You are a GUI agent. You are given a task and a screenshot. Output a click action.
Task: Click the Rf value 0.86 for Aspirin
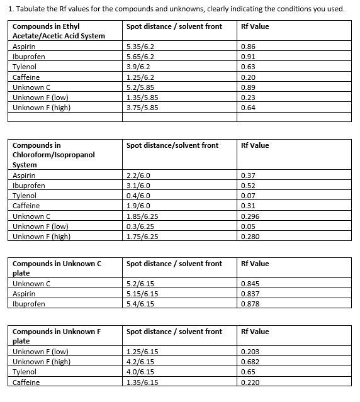pyautogui.click(x=249, y=47)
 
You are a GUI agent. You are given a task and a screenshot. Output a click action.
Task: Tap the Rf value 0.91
pyautogui.click(x=249, y=57)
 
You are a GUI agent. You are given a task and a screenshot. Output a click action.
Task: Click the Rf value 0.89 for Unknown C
pyautogui.click(x=249, y=87)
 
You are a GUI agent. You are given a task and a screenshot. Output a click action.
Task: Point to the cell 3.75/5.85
pyautogui.click(x=142, y=107)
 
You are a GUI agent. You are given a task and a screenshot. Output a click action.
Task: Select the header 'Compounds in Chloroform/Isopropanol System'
pyautogui.click(x=52, y=155)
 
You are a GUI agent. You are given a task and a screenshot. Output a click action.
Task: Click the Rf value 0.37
pyautogui.click(x=249, y=176)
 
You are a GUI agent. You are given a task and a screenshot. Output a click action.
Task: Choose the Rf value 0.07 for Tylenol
pyautogui.click(x=249, y=196)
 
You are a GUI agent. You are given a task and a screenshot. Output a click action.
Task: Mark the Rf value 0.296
pyautogui.click(x=251, y=216)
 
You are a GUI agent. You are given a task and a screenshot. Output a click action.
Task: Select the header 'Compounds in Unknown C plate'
pyautogui.click(x=57, y=268)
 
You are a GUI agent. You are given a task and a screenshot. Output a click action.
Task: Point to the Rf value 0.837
pyautogui.click(x=251, y=294)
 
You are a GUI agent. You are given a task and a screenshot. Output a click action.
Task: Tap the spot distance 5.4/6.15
pyautogui.click(x=140, y=304)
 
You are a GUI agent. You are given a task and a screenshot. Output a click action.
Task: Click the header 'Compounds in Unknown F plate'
pyautogui.click(x=57, y=336)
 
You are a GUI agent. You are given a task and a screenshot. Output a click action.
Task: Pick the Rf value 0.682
pyautogui.click(x=251, y=362)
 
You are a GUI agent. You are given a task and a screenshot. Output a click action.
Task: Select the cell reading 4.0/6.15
pyautogui.click(x=140, y=372)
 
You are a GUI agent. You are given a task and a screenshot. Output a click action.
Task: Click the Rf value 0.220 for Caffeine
pyautogui.click(x=251, y=382)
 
